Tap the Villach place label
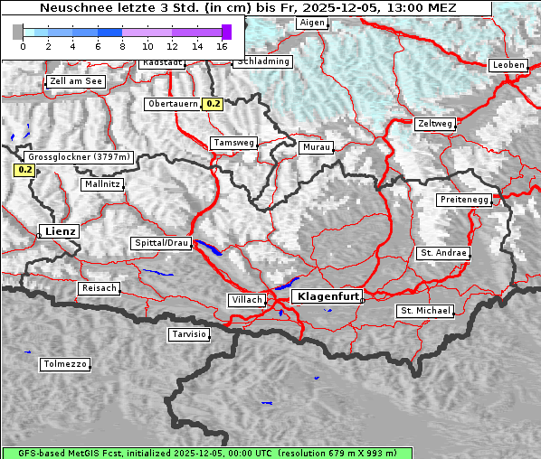(247, 300)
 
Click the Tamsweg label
(233, 143)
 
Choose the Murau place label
(317, 146)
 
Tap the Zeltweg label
(434, 124)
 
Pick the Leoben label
(508, 65)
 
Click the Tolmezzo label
(65, 365)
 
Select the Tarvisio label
(189, 334)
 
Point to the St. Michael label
(425, 311)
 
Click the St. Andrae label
(443, 253)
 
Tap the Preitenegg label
(464, 199)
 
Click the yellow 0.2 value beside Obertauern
(213, 104)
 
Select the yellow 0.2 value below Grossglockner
(24, 169)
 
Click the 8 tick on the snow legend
(122, 45)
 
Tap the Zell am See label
(77, 81)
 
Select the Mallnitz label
(102, 183)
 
